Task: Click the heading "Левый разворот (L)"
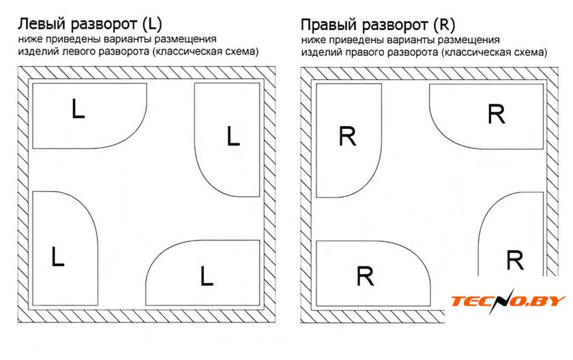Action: coord(89,25)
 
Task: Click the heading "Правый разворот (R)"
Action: coord(378,26)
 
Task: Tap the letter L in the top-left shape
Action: coord(78,109)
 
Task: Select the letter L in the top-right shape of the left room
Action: coord(233,137)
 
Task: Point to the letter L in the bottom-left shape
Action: coord(58,257)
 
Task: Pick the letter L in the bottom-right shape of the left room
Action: coord(207,276)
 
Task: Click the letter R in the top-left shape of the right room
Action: coord(347,137)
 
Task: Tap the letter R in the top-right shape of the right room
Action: coord(497,115)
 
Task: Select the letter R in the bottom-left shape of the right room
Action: coord(366,277)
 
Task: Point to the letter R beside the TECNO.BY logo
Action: coord(515,260)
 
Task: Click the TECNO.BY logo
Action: coord(508,301)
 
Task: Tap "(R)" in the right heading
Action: coord(443,26)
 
